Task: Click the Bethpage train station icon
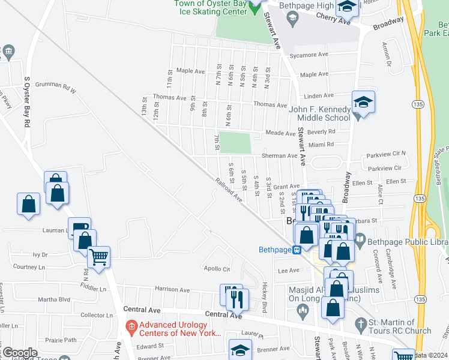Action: (x=297, y=250)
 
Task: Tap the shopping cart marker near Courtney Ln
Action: (x=99, y=257)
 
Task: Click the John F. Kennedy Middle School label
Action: (x=320, y=113)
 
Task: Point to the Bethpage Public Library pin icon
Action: (x=360, y=242)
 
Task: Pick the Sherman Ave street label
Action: (x=279, y=156)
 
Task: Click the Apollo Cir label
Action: (x=217, y=268)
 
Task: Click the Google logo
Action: (x=19, y=353)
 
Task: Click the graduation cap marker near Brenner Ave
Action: (x=240, y=350)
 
